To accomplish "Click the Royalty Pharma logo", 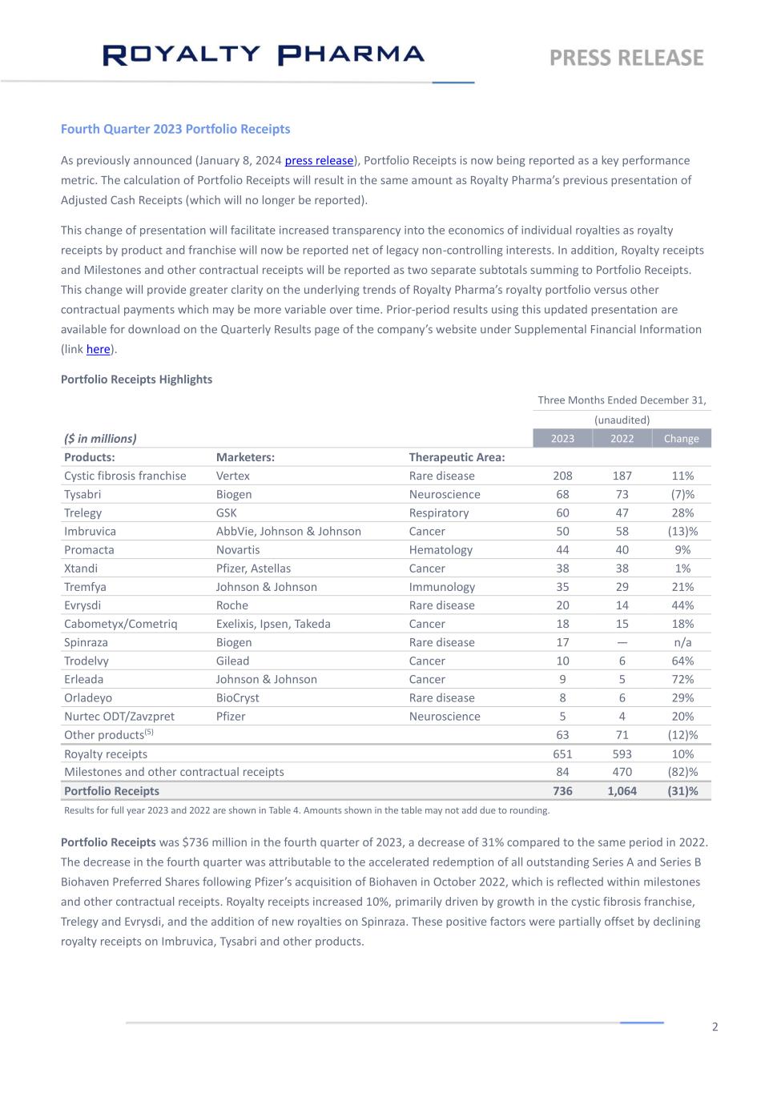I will [x=264, y=54].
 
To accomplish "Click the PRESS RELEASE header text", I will [x=626, y=58].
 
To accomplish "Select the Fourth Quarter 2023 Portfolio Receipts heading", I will [x=175, y=129].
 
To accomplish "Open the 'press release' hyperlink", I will [x=319, y=160].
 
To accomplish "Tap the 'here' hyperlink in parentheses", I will [x=98, y=349].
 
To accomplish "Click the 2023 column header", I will [x=562, y=438].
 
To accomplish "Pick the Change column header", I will [x=682, y=438].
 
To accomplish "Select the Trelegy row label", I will [x=83, y=512].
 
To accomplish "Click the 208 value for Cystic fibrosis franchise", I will [x=562, y=476].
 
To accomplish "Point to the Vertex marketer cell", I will [x=233, y=476].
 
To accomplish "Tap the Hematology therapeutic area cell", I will [x=441, y=549].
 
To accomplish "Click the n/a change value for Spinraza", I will [x=682, y=642].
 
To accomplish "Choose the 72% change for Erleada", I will [x=682, y=679].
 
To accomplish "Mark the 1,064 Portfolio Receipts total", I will [x=622, y=791].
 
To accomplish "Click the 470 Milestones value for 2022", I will [x=622, y=772].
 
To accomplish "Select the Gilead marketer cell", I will [x=232, y=661].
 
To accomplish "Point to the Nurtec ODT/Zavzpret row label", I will [x=119, y=716].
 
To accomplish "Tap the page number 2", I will [x=715, y=1027].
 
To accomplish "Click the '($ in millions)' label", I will [x=100, y=438].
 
